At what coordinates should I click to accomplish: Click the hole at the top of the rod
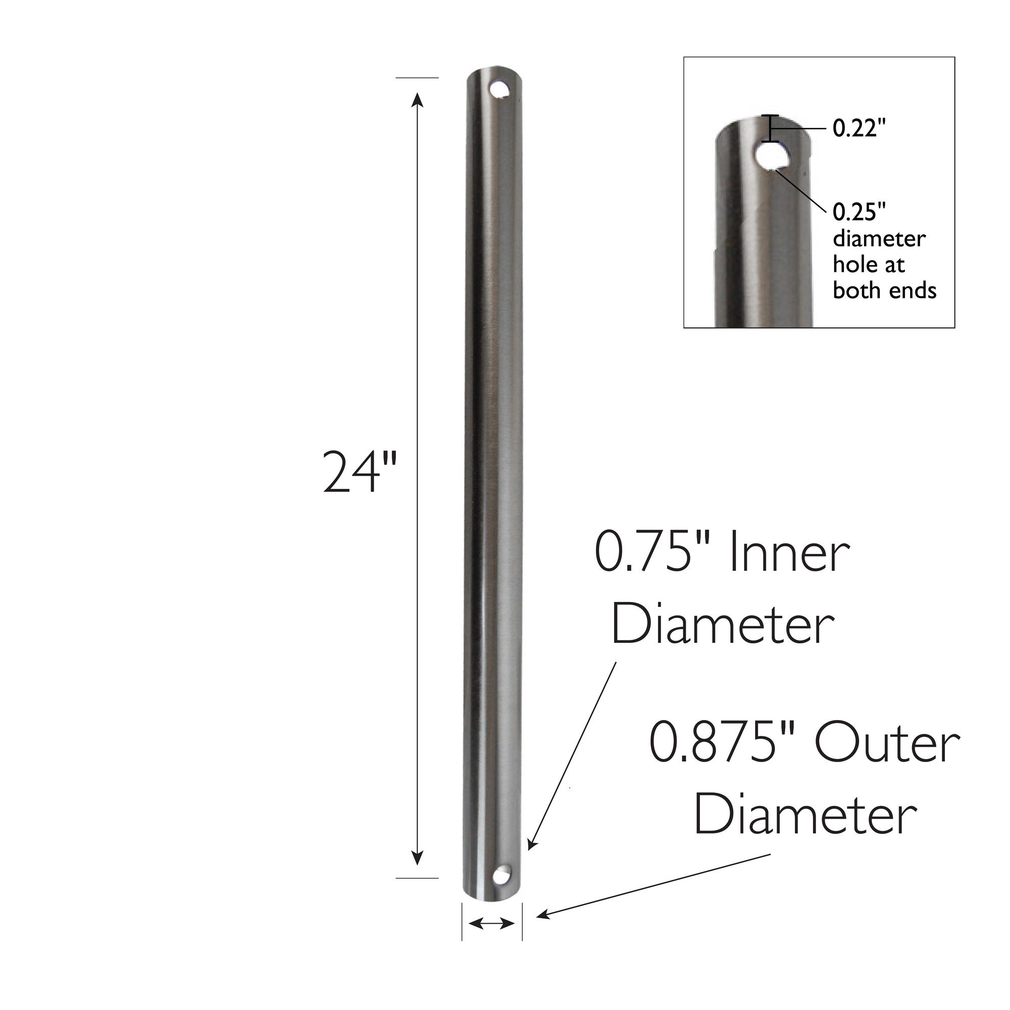501,89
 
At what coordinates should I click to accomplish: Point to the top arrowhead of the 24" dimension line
417,99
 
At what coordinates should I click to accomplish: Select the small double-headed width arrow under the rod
492,924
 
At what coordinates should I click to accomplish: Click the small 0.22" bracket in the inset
769,128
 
